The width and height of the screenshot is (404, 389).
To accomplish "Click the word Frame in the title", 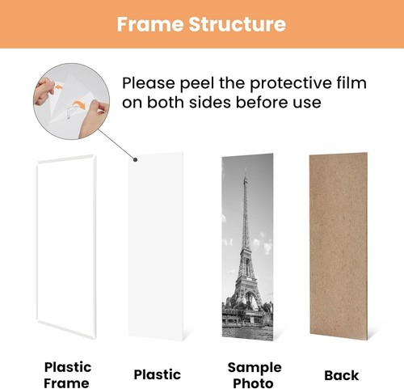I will pos(147,24).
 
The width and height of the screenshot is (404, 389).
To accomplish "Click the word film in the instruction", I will pos(350,83).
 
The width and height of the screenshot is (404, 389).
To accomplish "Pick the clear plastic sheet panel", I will pos(158,251).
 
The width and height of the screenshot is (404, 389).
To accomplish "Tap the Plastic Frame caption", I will pos(67,374).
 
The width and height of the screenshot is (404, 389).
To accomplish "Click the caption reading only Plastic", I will pos(158,375).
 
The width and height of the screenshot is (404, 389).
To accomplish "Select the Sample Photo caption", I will pos(248,374).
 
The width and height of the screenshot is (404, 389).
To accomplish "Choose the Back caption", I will pos(342,375).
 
